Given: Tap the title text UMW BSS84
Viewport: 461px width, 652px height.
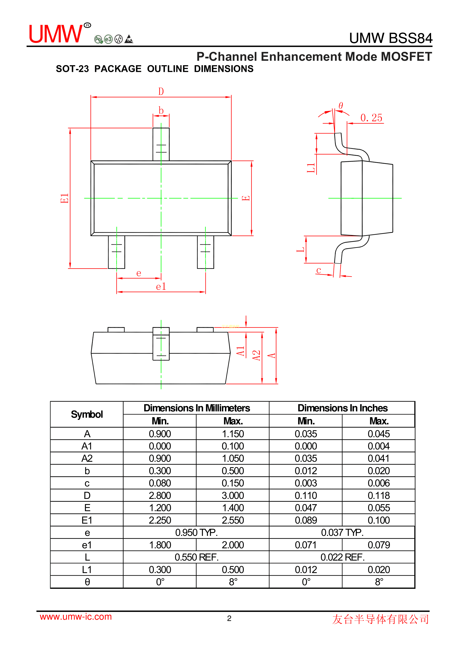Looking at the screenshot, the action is point(391,38).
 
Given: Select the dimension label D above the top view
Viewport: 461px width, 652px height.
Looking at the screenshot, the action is point(161,91).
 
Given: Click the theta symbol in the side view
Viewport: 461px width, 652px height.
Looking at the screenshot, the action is point(341,106).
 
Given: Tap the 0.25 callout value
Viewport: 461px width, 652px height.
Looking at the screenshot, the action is point(371,118).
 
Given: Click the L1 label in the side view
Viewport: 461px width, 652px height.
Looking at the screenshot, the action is point(311,168).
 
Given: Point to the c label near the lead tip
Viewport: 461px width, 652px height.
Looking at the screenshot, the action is point(319,270).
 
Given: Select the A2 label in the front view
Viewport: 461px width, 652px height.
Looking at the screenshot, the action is point(256,355).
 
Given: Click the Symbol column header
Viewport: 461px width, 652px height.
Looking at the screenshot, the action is point(87,414).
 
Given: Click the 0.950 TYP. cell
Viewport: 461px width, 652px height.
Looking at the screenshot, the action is point(196,533).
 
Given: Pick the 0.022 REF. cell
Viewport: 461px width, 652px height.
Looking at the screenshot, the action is point(342,557).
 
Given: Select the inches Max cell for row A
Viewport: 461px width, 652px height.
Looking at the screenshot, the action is point(379,434).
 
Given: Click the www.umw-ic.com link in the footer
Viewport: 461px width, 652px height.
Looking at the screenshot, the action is point(76,617).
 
